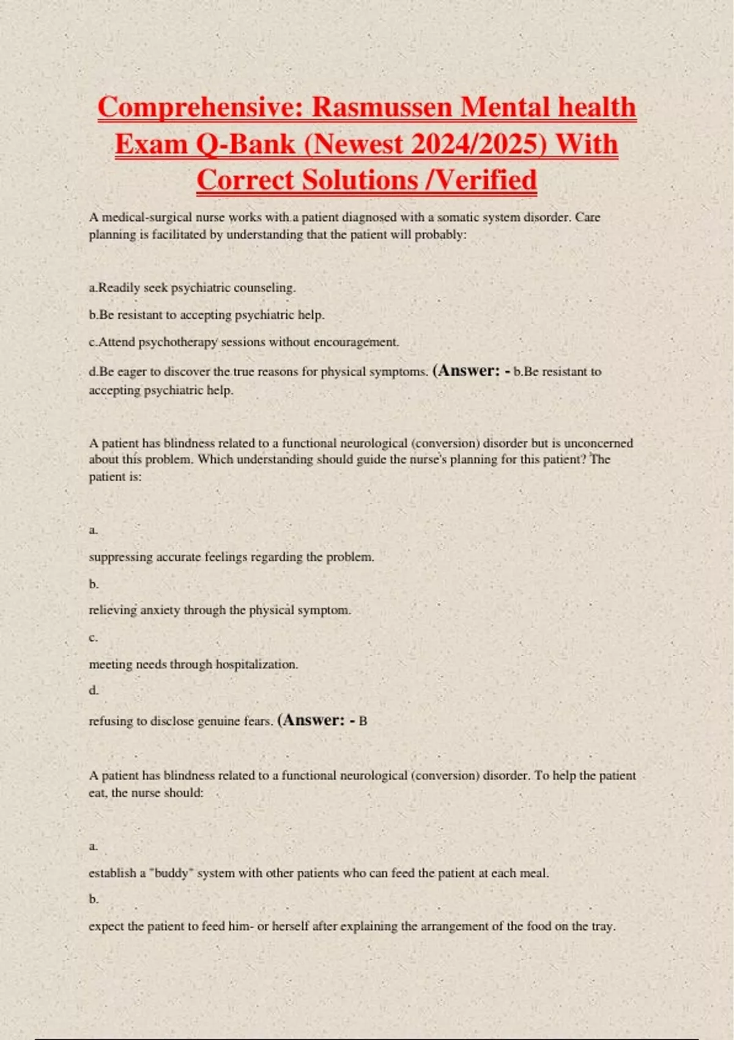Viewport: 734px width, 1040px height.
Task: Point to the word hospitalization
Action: tap(256, 664)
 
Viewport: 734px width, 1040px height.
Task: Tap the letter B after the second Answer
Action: tap(363, 721)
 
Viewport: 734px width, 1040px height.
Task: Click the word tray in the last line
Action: tap(603, 926)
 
